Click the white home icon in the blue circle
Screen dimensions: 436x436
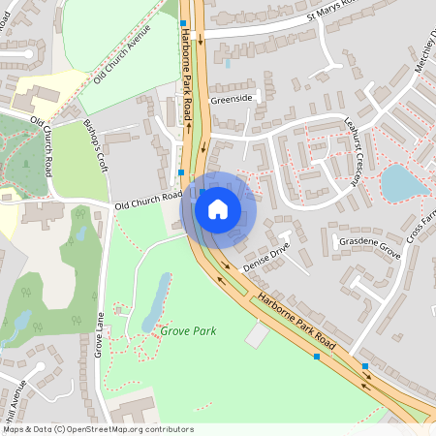click(218, 208)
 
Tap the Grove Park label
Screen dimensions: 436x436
click(188, 331)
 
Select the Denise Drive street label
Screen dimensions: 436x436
click(267, 257)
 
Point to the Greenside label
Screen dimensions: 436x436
click(232, 99)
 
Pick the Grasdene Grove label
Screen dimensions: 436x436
click(369, 248)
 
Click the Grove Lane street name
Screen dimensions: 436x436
click(99, 334)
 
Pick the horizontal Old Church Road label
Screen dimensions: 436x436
click(148, 201)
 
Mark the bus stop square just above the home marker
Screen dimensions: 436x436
click(181, 173)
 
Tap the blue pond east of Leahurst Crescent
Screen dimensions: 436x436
click(398, 181)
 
